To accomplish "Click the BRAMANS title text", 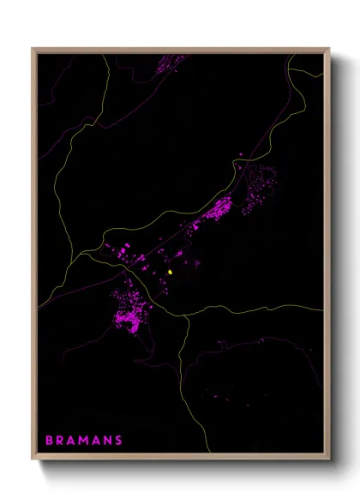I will tap(83, 441).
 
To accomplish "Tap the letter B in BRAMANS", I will tap(49, 441).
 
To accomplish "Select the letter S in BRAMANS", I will tap(117, 441).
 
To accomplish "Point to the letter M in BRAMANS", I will tap(83, 441).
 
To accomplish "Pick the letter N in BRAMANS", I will tap(106, 441).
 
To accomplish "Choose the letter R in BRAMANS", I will tap(60, 441).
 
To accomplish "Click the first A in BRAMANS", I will tap(71, 441).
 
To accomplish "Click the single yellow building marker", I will tap(171, 273).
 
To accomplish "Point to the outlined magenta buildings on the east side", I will tap(258, 189).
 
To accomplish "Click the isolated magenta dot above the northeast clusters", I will tap(242, 154).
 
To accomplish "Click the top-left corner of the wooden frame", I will tap(33, 50).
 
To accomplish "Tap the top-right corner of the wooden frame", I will tap(330, 50).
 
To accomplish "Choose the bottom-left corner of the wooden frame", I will tap(33, 461).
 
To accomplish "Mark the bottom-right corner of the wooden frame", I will tap(330, 461).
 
